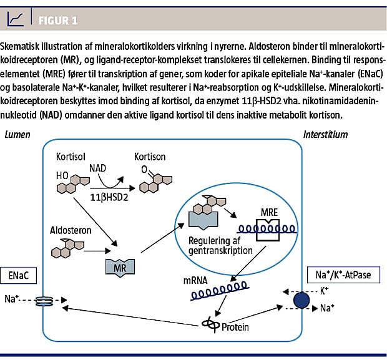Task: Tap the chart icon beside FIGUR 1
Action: (x=16, y=20)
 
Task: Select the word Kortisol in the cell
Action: (x=71, y=153)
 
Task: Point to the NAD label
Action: (x=99, y=169)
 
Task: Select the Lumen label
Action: (x=16, y=134)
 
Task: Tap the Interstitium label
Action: (x=325, y=134)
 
